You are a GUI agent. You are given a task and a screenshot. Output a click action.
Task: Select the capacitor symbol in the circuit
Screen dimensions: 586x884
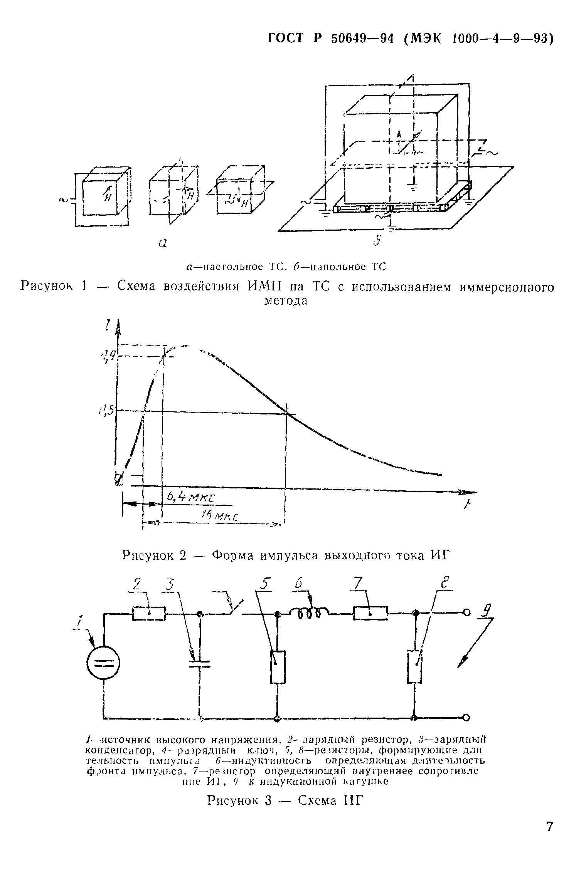(x=200, y=663)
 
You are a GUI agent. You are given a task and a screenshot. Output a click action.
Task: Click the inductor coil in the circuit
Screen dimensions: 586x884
(x=309, y=612)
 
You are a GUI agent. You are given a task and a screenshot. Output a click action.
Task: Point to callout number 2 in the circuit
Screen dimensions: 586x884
(x=137, y=585)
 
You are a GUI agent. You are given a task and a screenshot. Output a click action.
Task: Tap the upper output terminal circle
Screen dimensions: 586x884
(x=467, y=612)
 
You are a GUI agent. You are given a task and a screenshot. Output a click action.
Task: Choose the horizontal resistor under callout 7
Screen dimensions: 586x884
(x=370, y=613)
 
